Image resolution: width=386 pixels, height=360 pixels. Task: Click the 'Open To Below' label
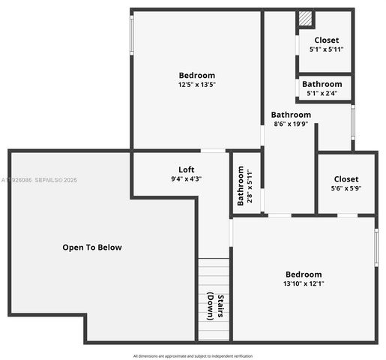click(x=91, y=247)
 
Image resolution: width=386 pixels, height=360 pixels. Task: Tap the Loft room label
click(x=186, y=169)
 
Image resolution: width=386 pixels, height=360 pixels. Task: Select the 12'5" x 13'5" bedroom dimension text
click(x=196, y=85)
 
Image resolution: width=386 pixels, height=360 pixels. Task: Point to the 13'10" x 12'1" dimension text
click(x=304, y=284)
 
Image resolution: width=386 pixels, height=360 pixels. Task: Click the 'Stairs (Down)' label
click(x=215, y=307)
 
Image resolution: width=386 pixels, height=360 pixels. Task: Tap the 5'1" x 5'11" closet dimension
click(x=326, y=49)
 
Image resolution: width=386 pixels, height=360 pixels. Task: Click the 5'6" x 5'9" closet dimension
click(x=346, y=189)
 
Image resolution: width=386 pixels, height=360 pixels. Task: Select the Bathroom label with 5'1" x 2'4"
click(x=322, y=84)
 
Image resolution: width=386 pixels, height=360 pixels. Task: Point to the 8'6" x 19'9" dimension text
click(x=291, y=124)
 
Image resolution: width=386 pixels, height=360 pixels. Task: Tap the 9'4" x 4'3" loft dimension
click(x=186, y=179)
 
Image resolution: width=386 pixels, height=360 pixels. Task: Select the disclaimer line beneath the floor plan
click(x=193, y=355)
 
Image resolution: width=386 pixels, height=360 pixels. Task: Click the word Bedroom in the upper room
click(x=196, y=75)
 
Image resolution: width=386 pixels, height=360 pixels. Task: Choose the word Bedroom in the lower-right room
click(x=304, y=274)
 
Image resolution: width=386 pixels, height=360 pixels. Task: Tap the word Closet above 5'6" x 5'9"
click(x=346, y=179)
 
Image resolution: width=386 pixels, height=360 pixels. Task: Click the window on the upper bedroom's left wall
click(x=132, y=34)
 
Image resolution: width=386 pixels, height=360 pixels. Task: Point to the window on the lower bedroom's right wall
click(x=376, y=247)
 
